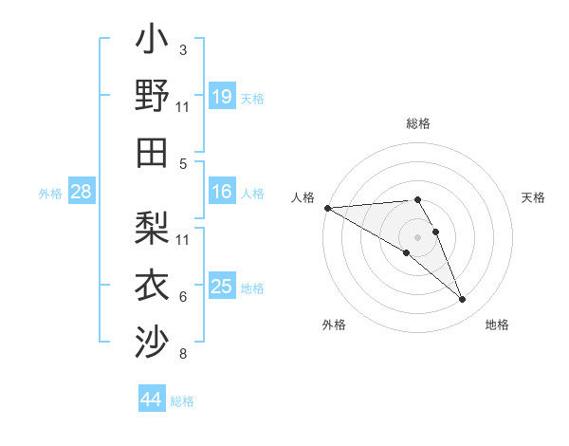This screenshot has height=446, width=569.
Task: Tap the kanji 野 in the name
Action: (x=152, y=97)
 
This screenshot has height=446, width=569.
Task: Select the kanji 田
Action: (x=152, y=152)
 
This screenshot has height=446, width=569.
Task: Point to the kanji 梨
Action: (x=152, y=228)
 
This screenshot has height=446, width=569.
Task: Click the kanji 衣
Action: (x=152, y=284)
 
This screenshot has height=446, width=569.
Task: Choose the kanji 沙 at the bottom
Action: (x=152, y=340)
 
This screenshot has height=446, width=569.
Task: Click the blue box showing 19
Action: (x=222, y=96)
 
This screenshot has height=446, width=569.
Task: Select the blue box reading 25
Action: (x=222, y=287)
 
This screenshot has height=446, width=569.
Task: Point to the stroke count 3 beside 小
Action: (x=183, y=50)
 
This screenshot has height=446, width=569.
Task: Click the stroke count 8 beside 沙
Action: (x=183, y=355)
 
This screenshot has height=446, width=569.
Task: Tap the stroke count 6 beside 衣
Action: (x=183, y=297)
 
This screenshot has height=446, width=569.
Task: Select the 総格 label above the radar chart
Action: (x=418, y=123)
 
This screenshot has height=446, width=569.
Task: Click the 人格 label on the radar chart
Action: (x=303, y=197)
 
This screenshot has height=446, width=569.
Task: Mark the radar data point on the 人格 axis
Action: (x=327, y=207)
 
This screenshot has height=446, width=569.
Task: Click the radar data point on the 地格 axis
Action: (x=462, y=300)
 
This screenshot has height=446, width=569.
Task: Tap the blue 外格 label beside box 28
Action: (x=50, y=194)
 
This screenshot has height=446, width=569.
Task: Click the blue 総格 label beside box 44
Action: (x=182, y=401)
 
